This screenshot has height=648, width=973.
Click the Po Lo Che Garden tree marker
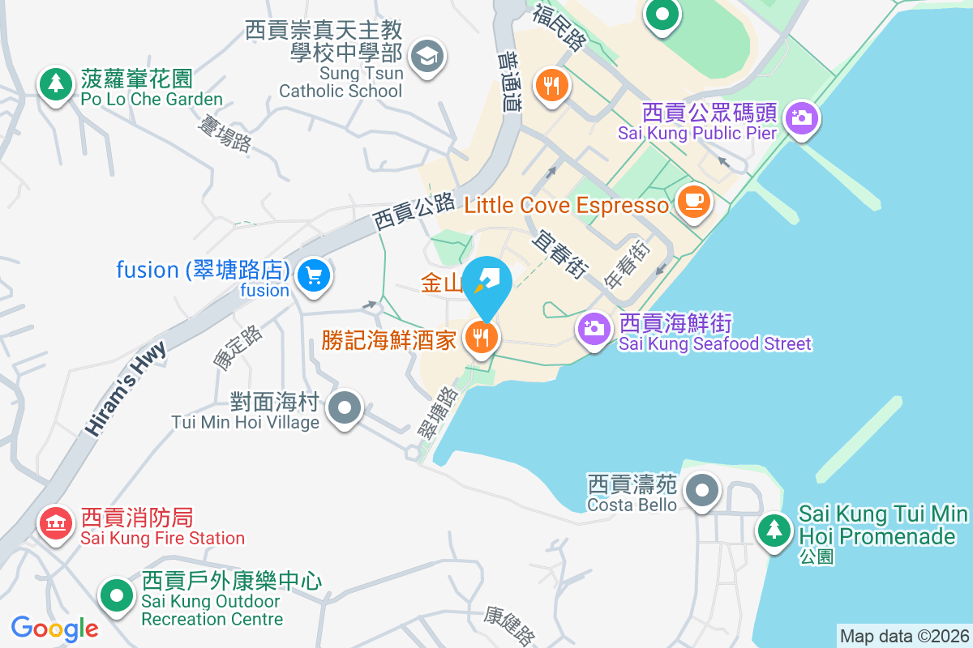pyautogui.click(x=55, y=83)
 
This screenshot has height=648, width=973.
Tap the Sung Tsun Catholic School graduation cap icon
pyautogui.click(x=426, y=56)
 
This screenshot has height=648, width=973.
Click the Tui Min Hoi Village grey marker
pyautogui.click(x=346, y=407)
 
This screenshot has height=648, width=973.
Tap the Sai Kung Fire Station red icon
pyautogui.click(x=55, y=522)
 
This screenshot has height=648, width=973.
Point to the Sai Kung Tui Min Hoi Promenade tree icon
pyautogui.click(x=775, y=530)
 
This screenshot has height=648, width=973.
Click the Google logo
pyautogui.click(x=54, y=628)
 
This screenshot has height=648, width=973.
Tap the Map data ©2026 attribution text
pyautogui.click(x=904, y=637)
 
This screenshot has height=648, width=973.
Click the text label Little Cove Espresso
pyautogui.click(x=567, y=205)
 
